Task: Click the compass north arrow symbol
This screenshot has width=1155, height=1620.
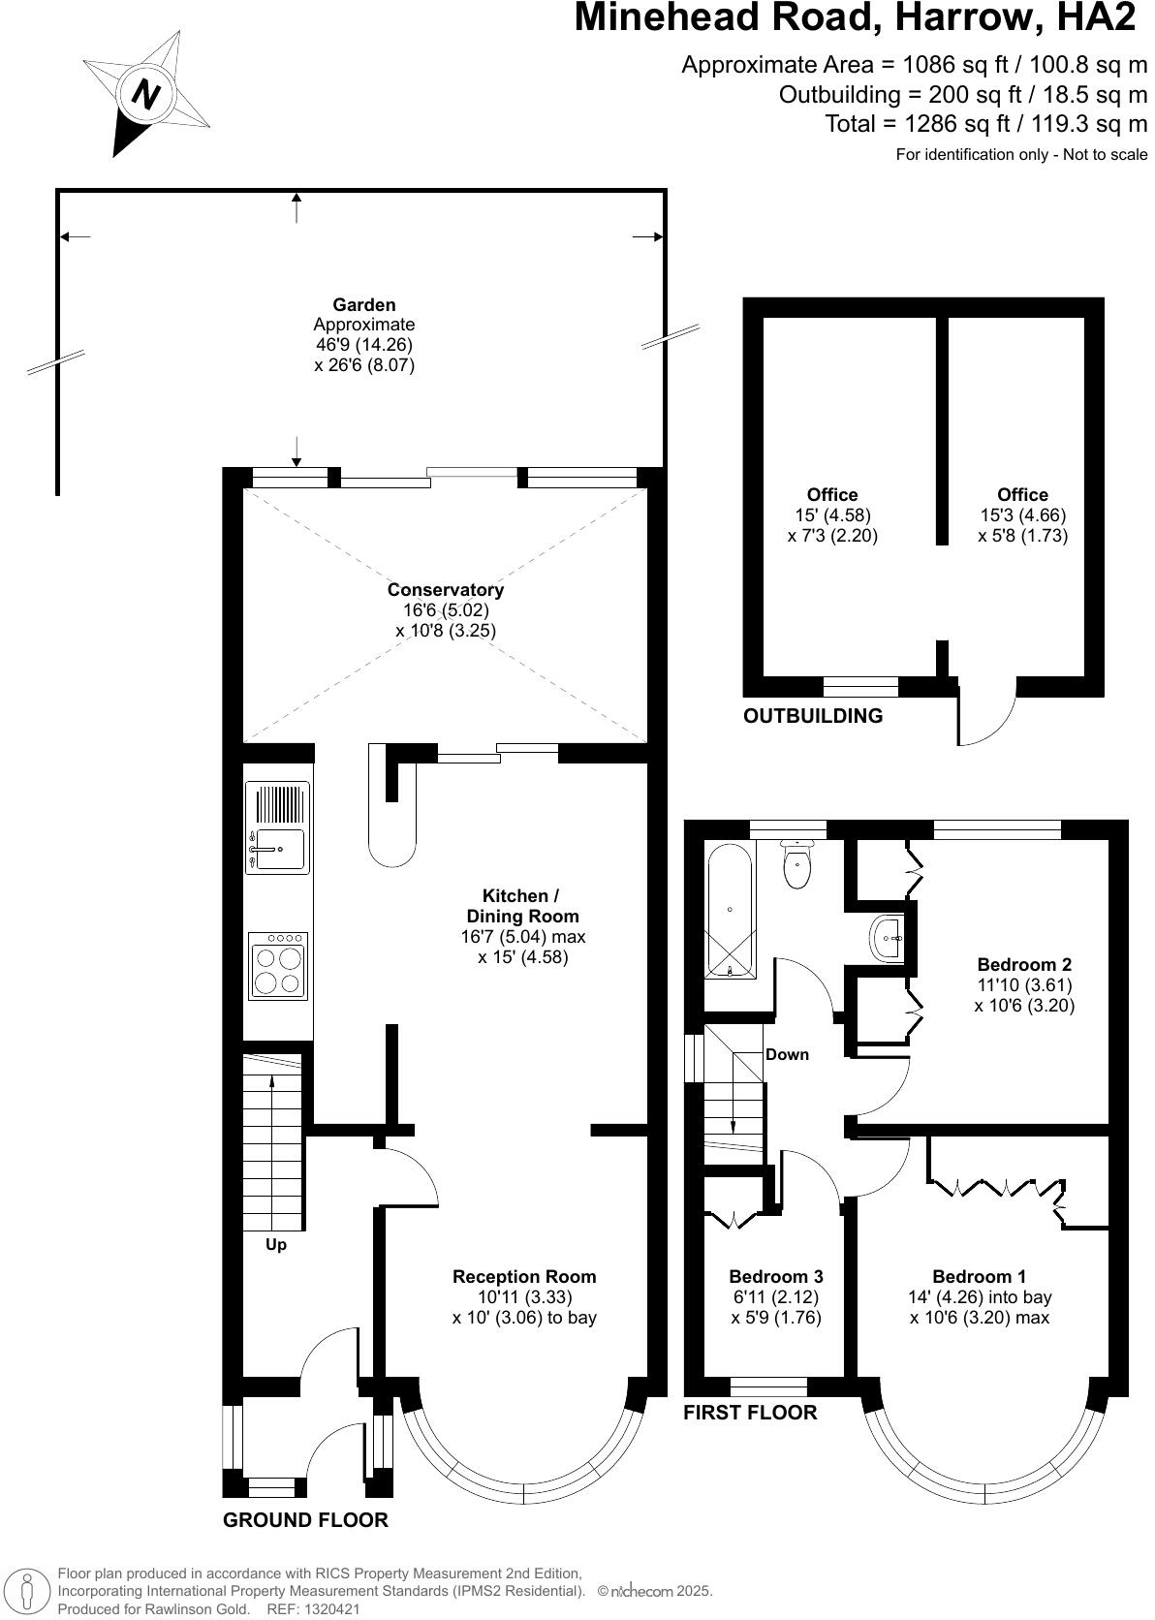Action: [146, 94]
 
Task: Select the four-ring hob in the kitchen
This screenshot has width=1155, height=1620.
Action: [278, 966]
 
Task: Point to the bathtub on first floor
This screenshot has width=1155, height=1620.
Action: [729, 911]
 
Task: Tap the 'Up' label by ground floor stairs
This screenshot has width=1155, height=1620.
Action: [276, 1244]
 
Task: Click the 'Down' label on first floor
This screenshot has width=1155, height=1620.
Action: [787, 1054]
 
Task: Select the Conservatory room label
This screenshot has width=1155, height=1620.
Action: [446, 589]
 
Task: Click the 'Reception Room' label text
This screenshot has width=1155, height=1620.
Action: [524, 1276]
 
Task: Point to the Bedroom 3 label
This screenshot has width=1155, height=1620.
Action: [776, 1276]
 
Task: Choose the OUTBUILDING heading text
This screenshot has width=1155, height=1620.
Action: [813, 716]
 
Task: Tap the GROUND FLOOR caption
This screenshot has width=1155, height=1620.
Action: [305, 1519]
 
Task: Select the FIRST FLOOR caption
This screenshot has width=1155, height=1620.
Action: [750, 1412]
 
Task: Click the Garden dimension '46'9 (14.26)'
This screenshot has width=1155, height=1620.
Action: [364, 345]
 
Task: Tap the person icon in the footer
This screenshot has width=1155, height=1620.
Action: [28, 1591]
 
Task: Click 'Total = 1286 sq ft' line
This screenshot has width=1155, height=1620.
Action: [986, 124]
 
